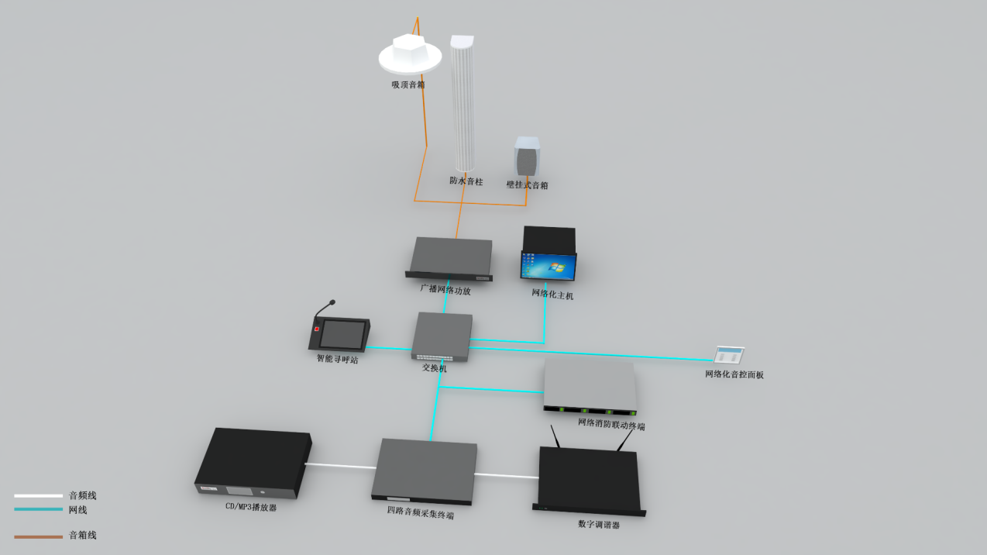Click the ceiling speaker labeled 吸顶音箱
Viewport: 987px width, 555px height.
(410, 54)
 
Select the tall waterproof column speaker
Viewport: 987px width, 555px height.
(463, 105)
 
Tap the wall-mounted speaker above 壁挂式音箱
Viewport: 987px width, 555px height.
(528, 157)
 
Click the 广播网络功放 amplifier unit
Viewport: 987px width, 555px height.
(450, 258)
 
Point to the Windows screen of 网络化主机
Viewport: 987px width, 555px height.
(549, 266)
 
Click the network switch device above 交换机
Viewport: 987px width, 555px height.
(442, 336)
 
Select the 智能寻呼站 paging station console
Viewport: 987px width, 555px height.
(340, 333)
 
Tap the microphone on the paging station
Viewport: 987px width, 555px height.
(332, 302)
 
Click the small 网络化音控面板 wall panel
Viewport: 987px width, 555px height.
(728, 355)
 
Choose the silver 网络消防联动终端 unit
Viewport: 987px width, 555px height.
(590, 384)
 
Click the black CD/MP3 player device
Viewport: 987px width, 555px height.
(253, 462)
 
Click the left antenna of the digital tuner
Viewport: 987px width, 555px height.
(555, 436)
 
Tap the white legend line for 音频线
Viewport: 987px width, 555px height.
(38, 495)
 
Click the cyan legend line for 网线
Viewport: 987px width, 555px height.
(38, 509)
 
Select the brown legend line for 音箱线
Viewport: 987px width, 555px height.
(38, 536)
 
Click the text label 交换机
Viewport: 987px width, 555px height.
(434, 368)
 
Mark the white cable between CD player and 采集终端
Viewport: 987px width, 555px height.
(341, 466)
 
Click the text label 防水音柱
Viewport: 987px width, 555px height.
(466, 181)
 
